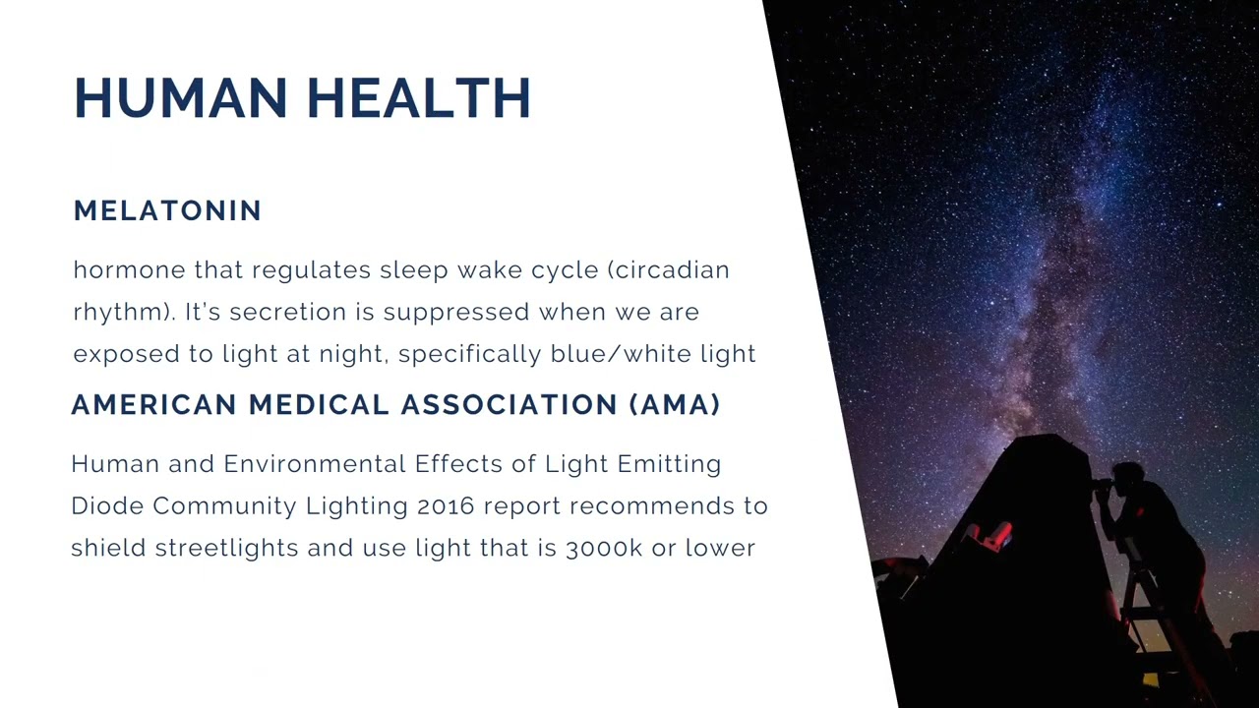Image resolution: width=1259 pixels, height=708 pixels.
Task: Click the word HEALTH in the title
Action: [x=419, y=98]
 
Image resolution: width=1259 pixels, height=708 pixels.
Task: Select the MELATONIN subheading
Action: [x=167, y=210]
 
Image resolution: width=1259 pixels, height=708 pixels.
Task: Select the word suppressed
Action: [x=456, y=312]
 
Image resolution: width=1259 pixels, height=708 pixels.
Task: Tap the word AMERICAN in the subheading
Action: [x=153, y=405]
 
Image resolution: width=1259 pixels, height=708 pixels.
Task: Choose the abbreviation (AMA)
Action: [x=675, y=405]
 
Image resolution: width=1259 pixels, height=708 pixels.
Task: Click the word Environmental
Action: [x=315, y=463]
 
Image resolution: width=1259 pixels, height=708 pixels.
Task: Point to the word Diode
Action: [x=107, y=505]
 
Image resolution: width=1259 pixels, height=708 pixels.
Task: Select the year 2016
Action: [x=446, y=505]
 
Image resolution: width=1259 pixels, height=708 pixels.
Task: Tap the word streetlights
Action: [x=226, y=548]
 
